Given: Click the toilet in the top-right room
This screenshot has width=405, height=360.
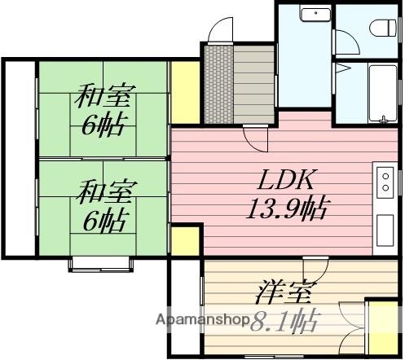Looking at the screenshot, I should point(381,27).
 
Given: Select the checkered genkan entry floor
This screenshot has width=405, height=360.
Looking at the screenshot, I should point(218,84).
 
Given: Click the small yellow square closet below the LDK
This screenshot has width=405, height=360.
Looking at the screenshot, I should point(185,242).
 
